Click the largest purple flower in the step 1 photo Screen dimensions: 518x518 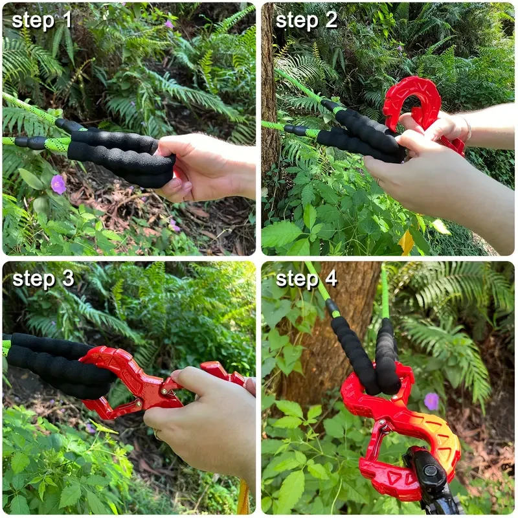58,184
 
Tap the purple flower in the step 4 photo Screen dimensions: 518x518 431,401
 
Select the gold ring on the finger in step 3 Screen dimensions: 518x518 157,434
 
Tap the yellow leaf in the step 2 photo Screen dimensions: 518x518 406,242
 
